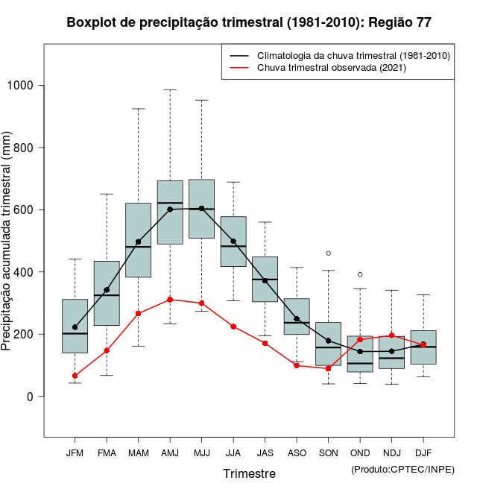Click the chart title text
(248, 22)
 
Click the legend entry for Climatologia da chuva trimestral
(353, 56)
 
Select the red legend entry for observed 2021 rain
(331, 68)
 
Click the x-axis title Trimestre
(249, 473)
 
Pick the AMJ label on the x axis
(170, 452)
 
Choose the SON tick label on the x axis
(328, 452)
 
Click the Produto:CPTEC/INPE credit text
(402, 469)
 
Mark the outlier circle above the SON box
(328, 253)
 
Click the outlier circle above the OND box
(360, 274)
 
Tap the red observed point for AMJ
(170, 300)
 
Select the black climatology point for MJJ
(201, 209)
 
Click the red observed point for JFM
(75, 376)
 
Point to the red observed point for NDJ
(391, 335)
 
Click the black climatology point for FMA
(107, 290)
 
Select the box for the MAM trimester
(138, 240)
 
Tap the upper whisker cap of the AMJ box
(170, 90)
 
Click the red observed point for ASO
(297, 365)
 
